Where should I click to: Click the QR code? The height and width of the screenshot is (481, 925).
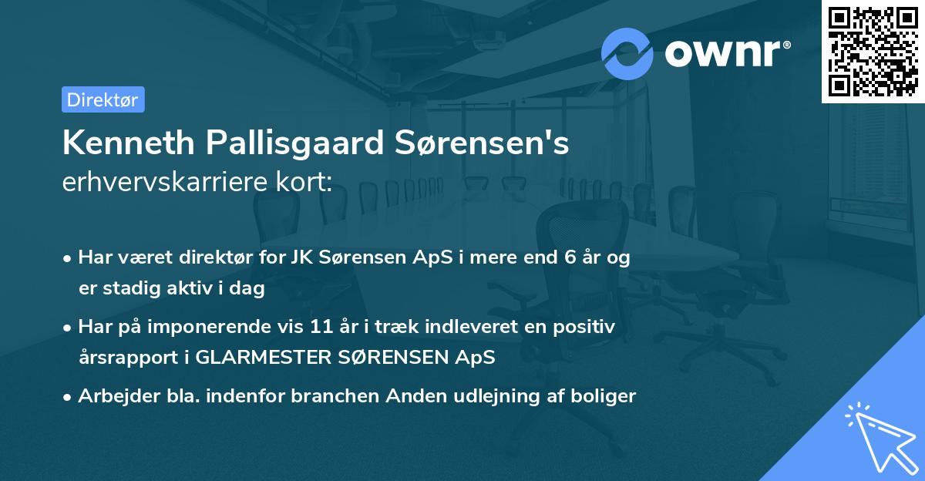coord(873,51)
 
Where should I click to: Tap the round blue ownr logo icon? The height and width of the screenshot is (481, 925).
coord(627,53)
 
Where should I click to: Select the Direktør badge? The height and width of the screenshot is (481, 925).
coord(103,99)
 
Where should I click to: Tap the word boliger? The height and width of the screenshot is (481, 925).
coord(606,396)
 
